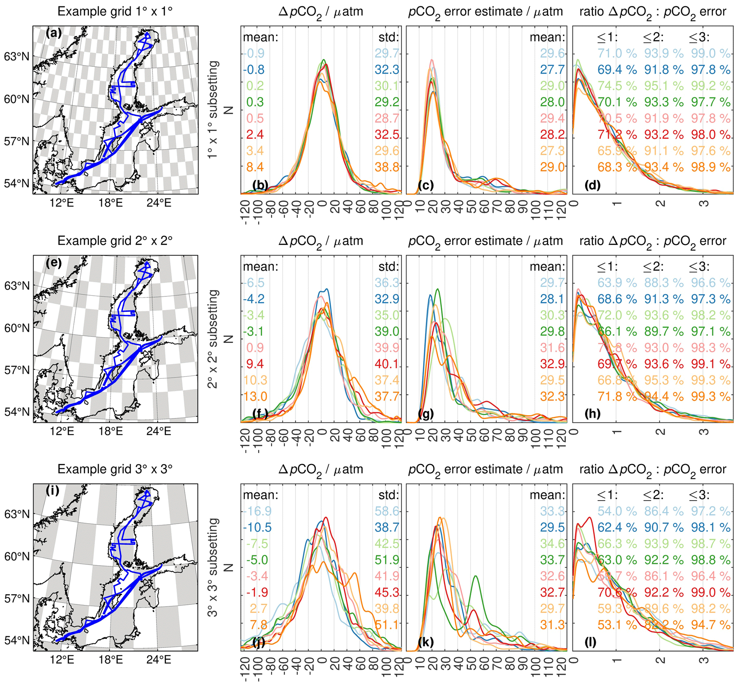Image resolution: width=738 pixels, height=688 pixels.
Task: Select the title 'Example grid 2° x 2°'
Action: [115, 241]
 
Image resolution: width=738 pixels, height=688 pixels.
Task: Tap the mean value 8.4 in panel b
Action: [254, 167]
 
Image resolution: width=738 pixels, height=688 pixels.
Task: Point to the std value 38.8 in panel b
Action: [387, 167]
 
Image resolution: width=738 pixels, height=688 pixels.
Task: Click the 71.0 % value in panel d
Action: [617, 54]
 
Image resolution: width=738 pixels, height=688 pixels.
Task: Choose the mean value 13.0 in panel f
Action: [255, 396]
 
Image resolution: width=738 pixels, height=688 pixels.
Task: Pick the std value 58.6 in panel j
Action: [387, 511]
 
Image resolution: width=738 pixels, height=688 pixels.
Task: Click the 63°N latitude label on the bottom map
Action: [16, 514]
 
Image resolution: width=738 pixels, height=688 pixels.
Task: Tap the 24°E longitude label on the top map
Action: [159, 203]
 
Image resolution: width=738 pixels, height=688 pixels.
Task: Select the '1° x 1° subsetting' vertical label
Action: [213, 110]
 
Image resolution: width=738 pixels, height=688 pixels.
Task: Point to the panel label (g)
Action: [426, 413]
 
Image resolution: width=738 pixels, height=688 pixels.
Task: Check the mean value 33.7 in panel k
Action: [552, 560]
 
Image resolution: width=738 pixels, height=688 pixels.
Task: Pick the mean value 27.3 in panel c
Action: [552, 151]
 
